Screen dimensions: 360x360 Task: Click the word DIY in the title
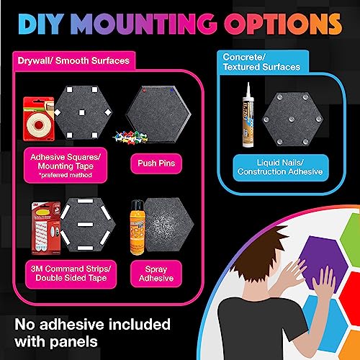click(x=41, y=24)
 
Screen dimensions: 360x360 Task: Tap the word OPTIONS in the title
click(x=283, y=24)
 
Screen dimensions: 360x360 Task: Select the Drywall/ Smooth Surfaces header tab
click(x=73, y=60)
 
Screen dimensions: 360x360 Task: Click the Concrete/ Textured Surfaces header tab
click(x=262, y=62)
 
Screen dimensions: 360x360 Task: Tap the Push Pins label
click(x=156, y=163)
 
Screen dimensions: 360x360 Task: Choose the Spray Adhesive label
click(x=156, y=274)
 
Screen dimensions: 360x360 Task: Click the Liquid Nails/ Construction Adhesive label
click(x=280, y=167)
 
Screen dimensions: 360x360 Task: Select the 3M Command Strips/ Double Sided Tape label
click(x=71, y=274)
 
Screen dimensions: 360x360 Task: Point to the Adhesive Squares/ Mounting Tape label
click(x=66, y=166)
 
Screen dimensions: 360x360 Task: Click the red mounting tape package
click(x=38, y=119)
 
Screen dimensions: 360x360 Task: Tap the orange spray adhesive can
click(x=138, y=228)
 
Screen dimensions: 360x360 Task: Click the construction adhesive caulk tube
click(x=248, y=115)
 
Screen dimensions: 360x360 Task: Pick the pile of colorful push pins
click(x=130, y=137)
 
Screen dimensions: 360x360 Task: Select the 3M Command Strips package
click(x=45, y=228)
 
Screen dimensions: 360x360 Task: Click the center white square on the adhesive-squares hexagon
click(x=82, y=112)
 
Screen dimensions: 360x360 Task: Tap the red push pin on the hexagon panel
click(x=144, y=91)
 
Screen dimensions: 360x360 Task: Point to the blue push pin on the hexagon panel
click(x=172, y=91)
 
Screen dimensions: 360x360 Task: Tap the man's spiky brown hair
click(x=259, y=250)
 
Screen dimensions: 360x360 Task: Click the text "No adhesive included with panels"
click(x=93, y=333)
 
